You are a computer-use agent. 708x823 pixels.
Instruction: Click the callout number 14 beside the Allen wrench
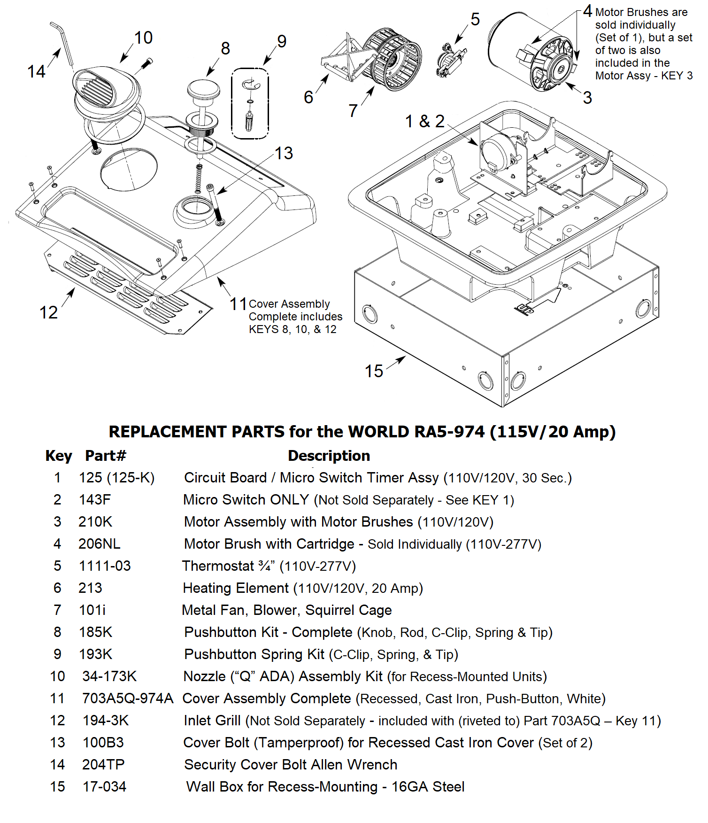pos(36,71)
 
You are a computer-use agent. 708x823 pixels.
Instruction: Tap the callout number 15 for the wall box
pos(374,371)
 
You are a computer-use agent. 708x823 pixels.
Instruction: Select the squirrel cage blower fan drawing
pos(392,59)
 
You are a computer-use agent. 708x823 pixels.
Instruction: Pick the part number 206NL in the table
pos(99,543)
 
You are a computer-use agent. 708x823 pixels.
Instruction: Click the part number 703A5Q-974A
pos(128,698)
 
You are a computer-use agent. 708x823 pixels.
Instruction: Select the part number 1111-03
pos(105,566)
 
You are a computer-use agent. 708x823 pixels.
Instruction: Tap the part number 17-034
pos(104,786)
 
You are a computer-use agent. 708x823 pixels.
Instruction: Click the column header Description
pos(329,456)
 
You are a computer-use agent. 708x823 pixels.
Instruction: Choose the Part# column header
pos(106,455)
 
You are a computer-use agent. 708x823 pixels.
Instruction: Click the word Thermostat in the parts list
pos(218,566)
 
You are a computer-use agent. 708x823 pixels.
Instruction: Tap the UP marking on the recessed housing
pos(524,309)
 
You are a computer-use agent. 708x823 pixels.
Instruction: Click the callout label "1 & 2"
pos(425,121)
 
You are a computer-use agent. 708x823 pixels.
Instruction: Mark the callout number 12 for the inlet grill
pos(48,312)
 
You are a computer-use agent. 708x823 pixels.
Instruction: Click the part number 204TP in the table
pos(103,764)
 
